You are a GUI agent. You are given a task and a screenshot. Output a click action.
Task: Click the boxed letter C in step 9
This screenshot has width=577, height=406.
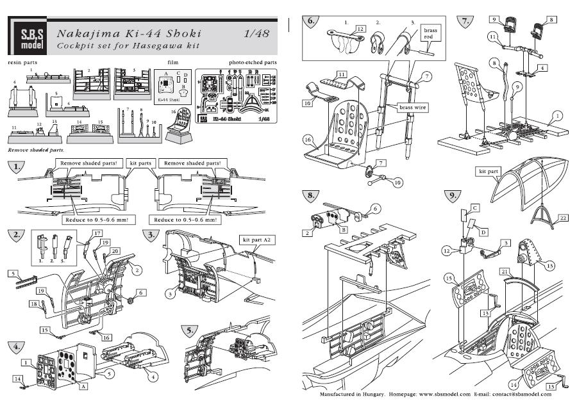tap(476, 209)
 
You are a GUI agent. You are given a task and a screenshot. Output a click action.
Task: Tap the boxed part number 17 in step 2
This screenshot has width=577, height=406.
tap(97, 232)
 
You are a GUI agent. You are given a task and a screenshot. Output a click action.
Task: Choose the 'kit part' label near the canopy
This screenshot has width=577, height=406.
tap(488, 172)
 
